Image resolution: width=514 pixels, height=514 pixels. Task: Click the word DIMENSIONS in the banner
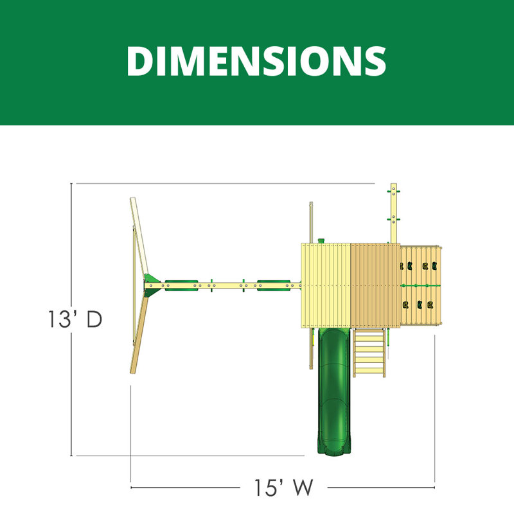[256, 61]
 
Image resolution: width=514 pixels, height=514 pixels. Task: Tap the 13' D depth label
[75, 319]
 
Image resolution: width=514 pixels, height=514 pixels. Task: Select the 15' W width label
[284, 488]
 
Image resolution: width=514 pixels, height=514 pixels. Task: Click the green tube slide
[333, 391]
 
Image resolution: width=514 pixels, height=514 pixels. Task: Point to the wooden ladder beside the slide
[369, 353]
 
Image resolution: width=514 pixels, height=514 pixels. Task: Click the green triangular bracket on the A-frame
[152, 285]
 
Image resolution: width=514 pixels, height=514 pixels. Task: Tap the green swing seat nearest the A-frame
[181, 285]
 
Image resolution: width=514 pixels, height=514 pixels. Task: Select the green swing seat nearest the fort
[274, 285]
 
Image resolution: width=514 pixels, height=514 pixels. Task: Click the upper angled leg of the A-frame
[139, 236]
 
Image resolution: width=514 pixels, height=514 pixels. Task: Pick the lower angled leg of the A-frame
[139, 335]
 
